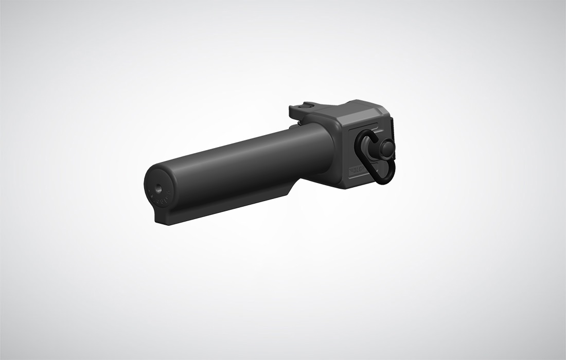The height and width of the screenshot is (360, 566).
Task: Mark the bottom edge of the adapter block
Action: click(x=360, y=185)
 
